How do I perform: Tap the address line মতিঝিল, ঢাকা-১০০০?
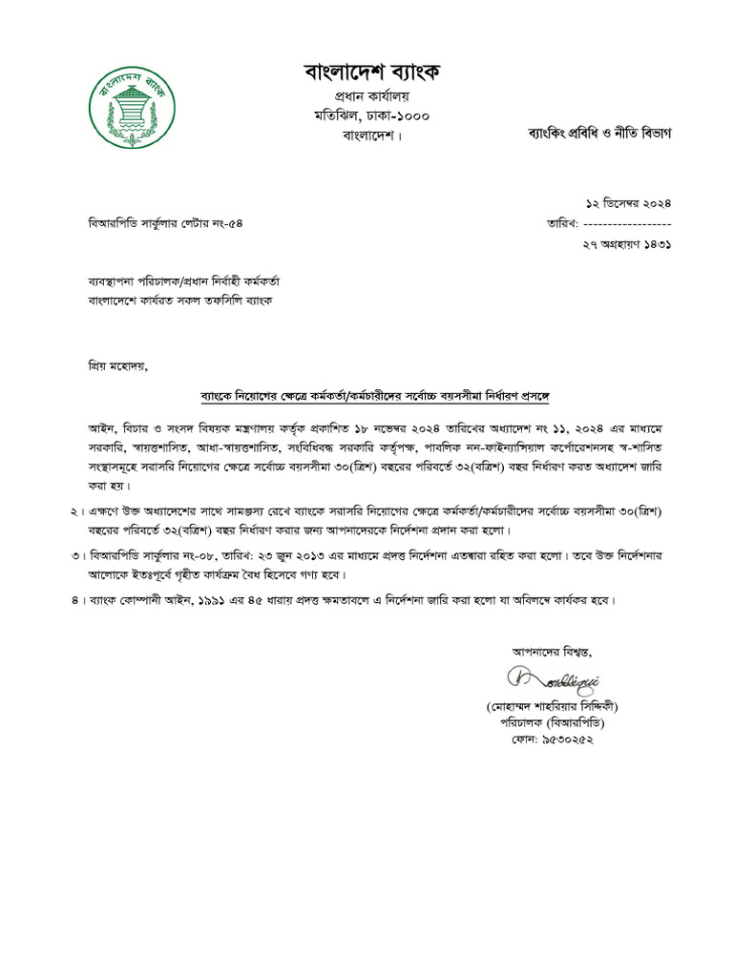coord(372,115)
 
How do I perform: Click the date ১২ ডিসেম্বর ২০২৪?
coord(628,202)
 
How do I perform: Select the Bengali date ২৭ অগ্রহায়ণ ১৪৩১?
coord(627,244)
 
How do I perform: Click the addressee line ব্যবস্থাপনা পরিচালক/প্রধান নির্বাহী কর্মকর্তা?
coord(183,282)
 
